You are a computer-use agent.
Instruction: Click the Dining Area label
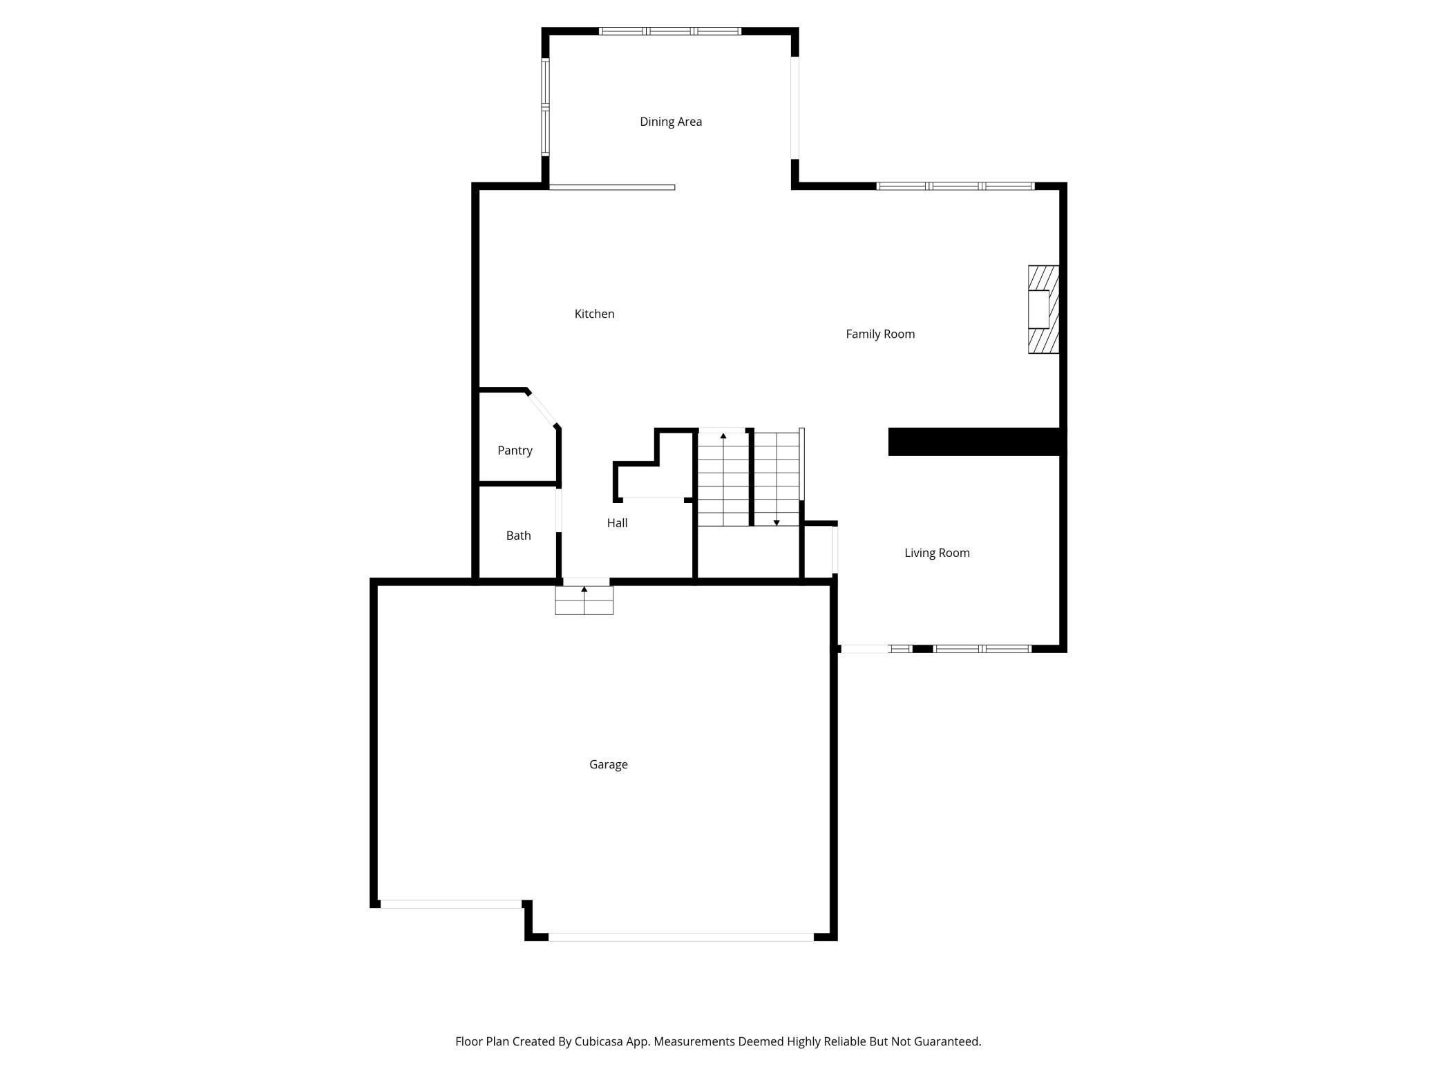pyautogui.click(x=670, y=122)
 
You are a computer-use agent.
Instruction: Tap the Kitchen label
pyautogui.click(x=594, y=314)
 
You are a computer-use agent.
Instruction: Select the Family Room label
pyautogui.click(x=879, y=334)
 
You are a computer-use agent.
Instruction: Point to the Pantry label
pyautogui.click(x=515, y=451)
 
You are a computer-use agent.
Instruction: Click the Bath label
pyautogui.click(x=518, y=536)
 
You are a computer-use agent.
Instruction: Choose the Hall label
pyautogui.click(x=617, y=523)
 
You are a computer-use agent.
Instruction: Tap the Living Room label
pyautogui.click(x=937, y=553)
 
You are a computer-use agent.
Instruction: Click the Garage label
pyautogui.click(x=608, y=764)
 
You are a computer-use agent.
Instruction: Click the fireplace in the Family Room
pyautogui.click(x=1043, y=310)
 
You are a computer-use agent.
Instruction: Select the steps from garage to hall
pyautogui.click(x=584, y=601)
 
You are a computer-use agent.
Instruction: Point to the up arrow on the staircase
pyautogui.click(x=723, y=436)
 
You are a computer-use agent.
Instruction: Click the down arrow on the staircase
pyautogui.click(x=777, y=522)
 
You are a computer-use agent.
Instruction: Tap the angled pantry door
pyautogui.click(x=542, y=409)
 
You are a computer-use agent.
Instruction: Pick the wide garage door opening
pyautogui.click(x=681, y=937)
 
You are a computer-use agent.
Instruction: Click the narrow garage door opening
pyautogui.click(x=450, y=904)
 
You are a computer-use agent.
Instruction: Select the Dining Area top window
pyautogui.click(x=669, y=31)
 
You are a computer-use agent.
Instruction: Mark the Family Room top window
pyautogui.click(x=955, y=186)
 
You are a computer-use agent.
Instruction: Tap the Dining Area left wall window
pyautogui.click(x=545, y=107)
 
